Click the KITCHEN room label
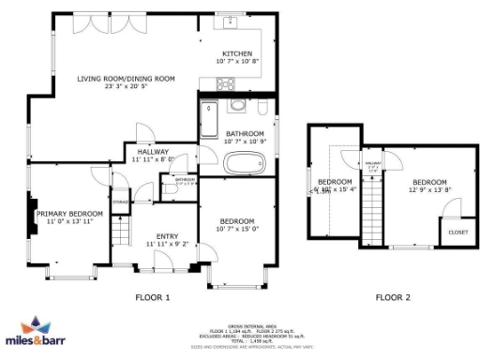tap(236, 53)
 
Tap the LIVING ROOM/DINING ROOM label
tap(126, 79)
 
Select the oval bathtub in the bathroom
tap(244, 164)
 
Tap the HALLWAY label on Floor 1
tap(152, 152)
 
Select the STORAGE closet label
tap(121, 201)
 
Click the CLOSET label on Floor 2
tap(457, 232)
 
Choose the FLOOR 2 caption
tap(393, 298)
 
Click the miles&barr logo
tap(39, 332)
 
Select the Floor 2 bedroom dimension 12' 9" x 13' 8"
tap(429, 190)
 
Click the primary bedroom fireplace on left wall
tap(33, 214)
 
